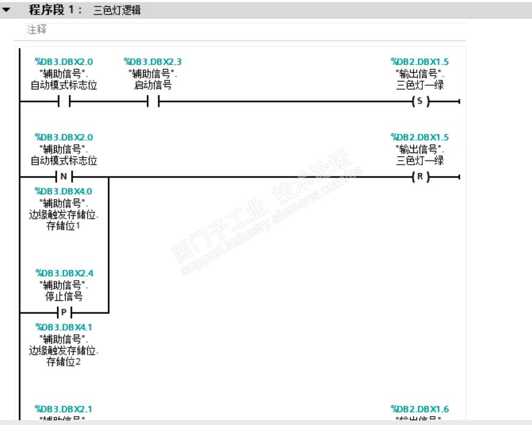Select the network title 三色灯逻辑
[x=117, y=10]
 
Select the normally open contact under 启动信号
[x=152, y=102]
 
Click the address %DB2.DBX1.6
[x=420, y=409]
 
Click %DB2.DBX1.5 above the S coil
[x=420, y=61]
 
